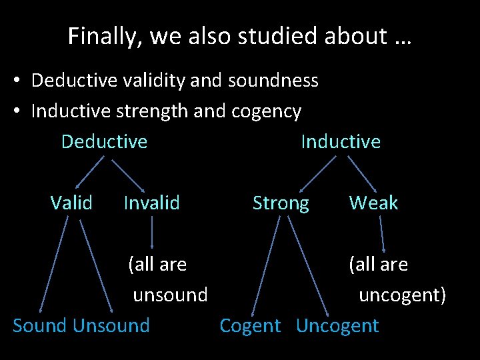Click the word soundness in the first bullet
tap(273, 81)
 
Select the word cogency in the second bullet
tap(266, 111)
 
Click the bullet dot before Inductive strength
tap(18, 111)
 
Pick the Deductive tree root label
tap(104, 141)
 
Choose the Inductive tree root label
tap(341, 141)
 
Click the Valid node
tap(71, 203)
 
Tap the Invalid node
tap(151, 203)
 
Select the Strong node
tap(281, 203)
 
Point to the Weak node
tap(373, 203)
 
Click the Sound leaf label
tap(41, 325)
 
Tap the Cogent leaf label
tap(250, 325)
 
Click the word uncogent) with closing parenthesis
tap(402, 295)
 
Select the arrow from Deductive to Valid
tap(89, 172)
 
